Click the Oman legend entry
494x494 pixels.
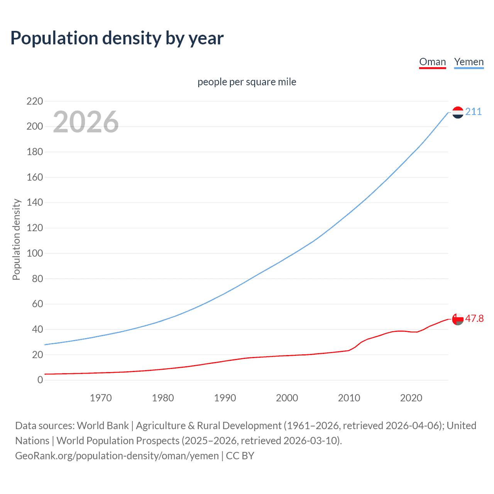432,62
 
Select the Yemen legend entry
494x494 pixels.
469,62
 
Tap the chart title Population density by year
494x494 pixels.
117,38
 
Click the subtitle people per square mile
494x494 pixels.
247,82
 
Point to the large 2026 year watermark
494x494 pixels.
86,122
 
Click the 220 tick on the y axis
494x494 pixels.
35,102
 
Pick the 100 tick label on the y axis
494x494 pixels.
35,254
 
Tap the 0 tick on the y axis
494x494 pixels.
40,380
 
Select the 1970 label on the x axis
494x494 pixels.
101,398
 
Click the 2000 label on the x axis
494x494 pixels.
287,398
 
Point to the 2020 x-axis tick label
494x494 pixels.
411,398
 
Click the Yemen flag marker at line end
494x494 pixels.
458,112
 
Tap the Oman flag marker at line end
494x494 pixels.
458,319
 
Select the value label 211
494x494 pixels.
474,112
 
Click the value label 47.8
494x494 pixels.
474,319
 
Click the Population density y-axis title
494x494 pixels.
16,239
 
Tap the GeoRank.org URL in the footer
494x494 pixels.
117,456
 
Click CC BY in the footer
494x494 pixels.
240,456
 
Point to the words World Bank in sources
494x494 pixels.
103,426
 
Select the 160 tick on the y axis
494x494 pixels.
35,178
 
